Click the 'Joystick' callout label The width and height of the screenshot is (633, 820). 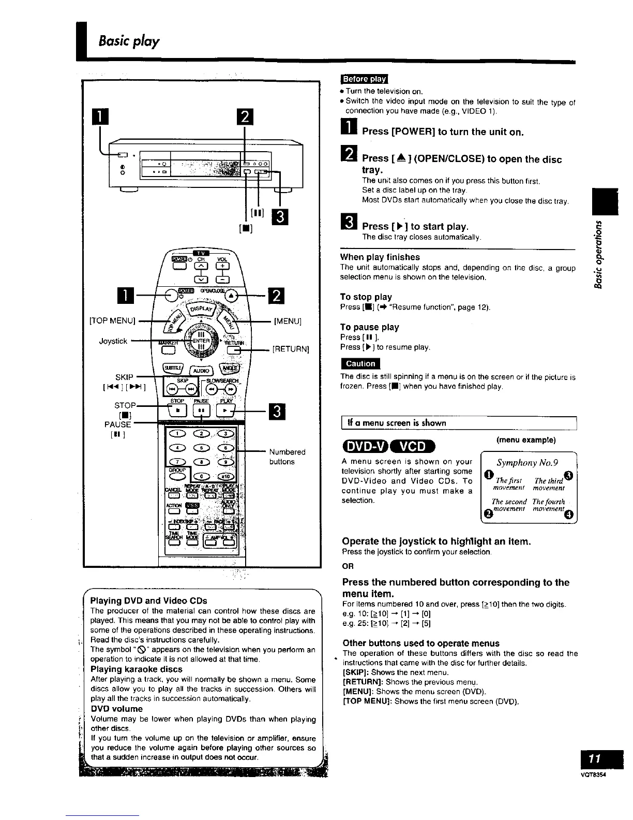coord(113,341)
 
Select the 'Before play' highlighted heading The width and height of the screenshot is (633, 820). coord(364,79)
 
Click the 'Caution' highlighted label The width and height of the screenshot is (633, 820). coord(360,363)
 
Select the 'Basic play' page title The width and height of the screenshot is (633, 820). coord(129,40)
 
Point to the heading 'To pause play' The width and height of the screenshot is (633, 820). coord(369,327)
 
